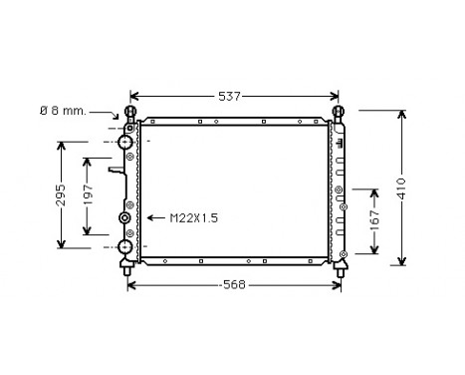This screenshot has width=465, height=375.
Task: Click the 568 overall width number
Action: click(x=235, y=284)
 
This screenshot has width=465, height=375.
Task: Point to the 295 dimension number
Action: click(x=61, y=194)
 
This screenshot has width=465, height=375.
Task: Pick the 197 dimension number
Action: click(x=88, y=195)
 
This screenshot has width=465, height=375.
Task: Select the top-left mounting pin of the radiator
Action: click(x=128, y=112)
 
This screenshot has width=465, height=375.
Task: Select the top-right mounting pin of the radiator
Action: click(x=339, y=112)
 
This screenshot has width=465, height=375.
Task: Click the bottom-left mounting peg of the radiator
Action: click(x=126, y=266)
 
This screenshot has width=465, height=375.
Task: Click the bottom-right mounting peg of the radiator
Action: click(x=341, y=266)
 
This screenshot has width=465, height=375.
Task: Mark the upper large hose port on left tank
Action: click(x=126, y=143)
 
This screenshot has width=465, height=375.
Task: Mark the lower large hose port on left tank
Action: click(x=126, y=246)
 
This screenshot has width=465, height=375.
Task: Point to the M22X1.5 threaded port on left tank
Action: click(x=125, y=218)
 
